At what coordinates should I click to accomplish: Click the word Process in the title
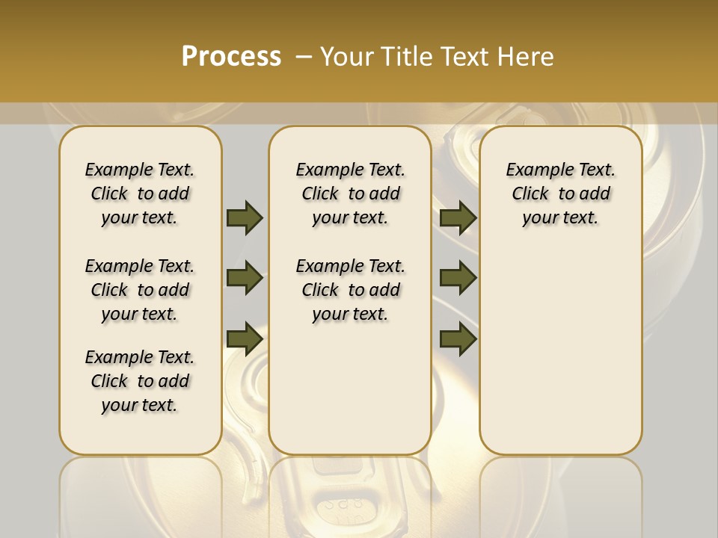pos(231,56)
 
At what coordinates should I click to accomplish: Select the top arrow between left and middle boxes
pos(245,217)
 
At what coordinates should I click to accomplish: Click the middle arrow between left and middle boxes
pos(245,278)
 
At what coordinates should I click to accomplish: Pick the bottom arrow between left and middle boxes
pos(245,338)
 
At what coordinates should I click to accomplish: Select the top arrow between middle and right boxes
pos(458,217)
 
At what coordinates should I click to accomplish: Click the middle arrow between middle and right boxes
pos(458,278)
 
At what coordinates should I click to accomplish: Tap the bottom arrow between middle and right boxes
pos(458,338)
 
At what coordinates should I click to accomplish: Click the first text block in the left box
pos(140,194)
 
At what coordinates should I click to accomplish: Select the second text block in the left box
pos(140,290)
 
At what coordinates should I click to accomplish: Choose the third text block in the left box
pos(140,381)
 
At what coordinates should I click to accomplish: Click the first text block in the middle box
pos(351,194)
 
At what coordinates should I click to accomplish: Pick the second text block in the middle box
pos(351,290)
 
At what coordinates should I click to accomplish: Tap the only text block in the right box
pos(561,194)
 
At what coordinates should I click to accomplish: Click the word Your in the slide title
pos(346,57)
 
